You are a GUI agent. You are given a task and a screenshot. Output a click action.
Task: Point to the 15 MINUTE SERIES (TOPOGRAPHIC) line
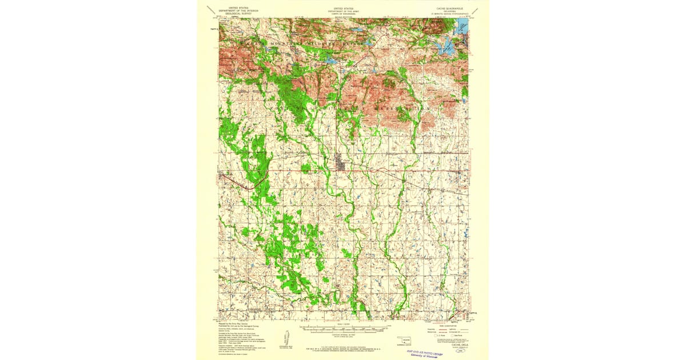point(452,14)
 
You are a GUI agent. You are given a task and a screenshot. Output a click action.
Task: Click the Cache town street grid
point(343,162)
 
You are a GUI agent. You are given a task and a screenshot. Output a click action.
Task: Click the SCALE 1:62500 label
point(343,324)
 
